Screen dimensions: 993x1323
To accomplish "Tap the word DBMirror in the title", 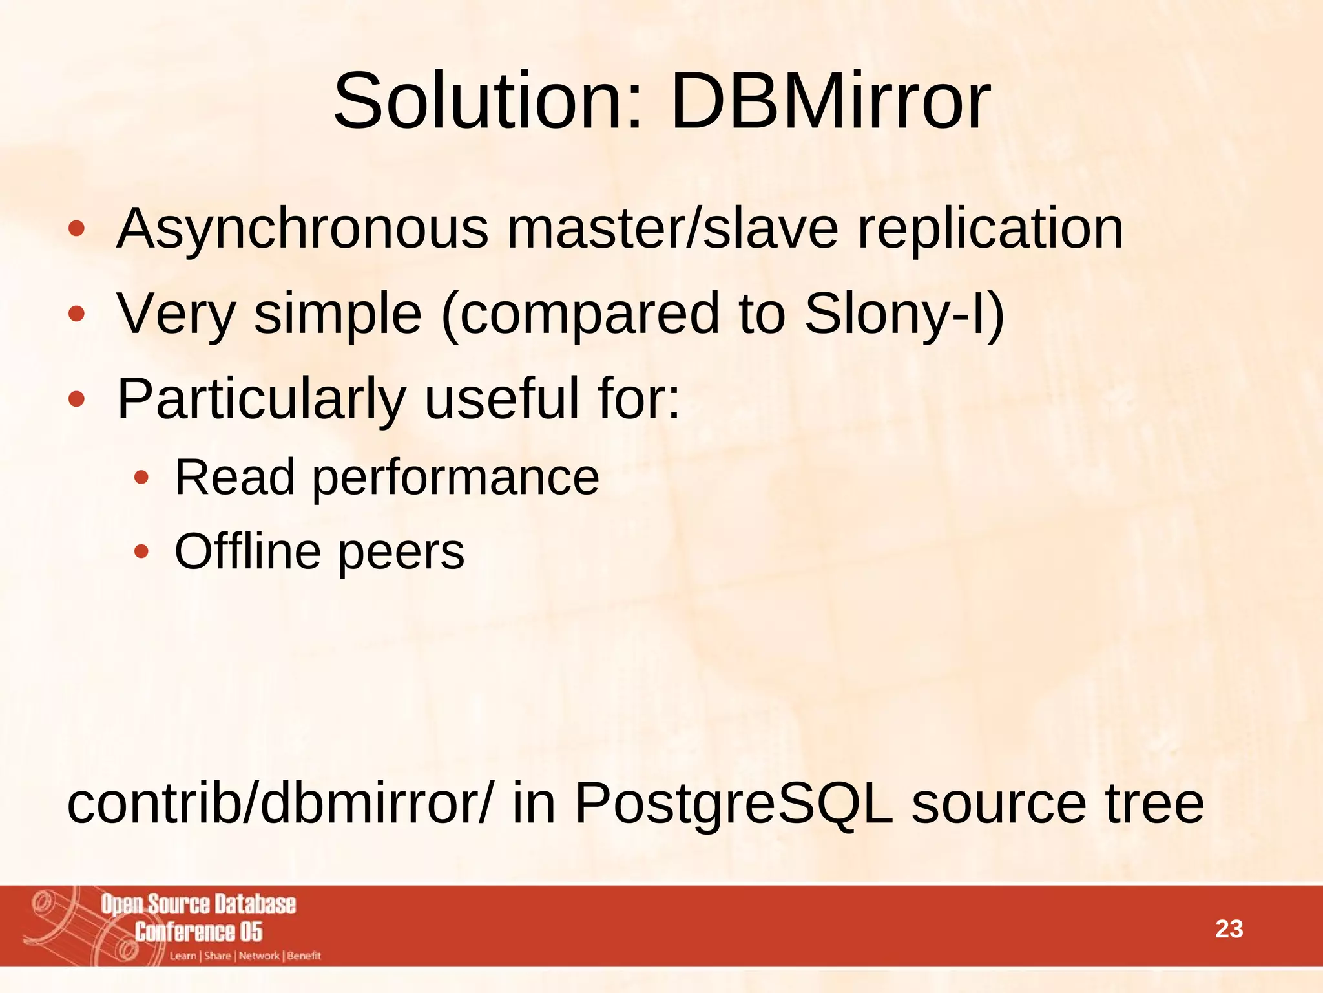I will point(830,101).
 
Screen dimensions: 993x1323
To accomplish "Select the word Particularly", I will point(262,399).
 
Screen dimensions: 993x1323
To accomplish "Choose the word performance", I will point(456,478).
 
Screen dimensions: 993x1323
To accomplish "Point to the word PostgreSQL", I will point(734,804).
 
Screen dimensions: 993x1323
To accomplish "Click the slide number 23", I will point(1229,929).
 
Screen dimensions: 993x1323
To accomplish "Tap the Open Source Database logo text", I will point(198,904).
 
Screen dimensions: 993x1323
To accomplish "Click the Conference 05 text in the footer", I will point(198,932).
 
